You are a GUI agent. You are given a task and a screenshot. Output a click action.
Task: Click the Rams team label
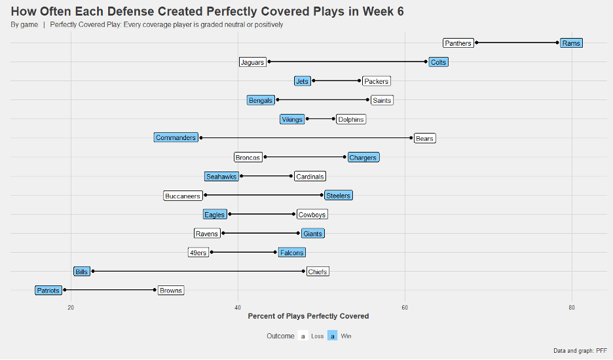click(570, 43)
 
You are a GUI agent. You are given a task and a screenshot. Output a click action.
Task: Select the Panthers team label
click(458, 43)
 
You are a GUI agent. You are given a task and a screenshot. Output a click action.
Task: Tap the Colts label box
click(438, 62)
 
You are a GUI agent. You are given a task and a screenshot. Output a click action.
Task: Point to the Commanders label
click(176, 138)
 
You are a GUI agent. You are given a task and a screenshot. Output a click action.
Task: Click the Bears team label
click(424, 138)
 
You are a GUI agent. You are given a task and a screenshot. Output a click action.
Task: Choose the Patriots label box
click(48, 291)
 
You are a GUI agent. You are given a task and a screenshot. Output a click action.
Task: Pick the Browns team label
click(170, 291)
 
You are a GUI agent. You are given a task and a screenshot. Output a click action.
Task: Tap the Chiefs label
click(317, 272)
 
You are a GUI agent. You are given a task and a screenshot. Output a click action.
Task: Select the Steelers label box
click(338, 195)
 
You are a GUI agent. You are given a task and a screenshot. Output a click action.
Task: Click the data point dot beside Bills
click(93, 271)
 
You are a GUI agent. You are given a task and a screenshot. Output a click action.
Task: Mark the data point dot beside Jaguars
click(269, 62)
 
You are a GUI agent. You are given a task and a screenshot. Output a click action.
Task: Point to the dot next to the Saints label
click(367, 100)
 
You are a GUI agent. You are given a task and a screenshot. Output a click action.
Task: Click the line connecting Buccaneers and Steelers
click(262, 195)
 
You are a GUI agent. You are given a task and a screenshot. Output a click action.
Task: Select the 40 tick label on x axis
click(238, 308)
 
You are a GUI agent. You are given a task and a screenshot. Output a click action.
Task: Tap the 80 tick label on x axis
click(572, 308)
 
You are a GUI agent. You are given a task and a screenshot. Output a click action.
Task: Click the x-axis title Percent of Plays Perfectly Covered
click(308, 316)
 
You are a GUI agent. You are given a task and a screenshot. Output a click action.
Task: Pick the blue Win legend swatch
click(333, 336)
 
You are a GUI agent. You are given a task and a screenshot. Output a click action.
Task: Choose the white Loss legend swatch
click(303, 336)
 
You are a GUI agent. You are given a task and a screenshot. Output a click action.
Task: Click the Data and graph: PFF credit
click(580, 351)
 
